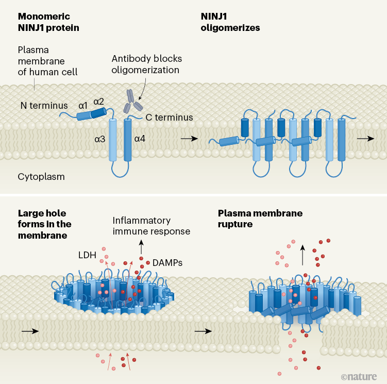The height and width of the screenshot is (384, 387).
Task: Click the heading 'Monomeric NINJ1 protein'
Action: tap(48, 22)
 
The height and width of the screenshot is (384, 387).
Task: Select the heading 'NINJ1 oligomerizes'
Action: tap(230, 22)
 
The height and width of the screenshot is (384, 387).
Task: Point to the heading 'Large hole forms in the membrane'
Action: tap(45, 224)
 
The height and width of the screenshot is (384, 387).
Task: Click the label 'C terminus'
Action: tap(169, 118)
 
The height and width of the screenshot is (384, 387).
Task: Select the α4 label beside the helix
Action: tap(141, 138)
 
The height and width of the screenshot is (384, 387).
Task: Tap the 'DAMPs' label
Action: tap(167, 262)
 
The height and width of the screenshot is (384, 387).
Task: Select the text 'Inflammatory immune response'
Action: tap(151, 226)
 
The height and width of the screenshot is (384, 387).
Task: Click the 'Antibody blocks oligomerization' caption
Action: tap(146, 64)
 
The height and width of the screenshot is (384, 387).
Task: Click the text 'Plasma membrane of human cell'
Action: tap(47, 61)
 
